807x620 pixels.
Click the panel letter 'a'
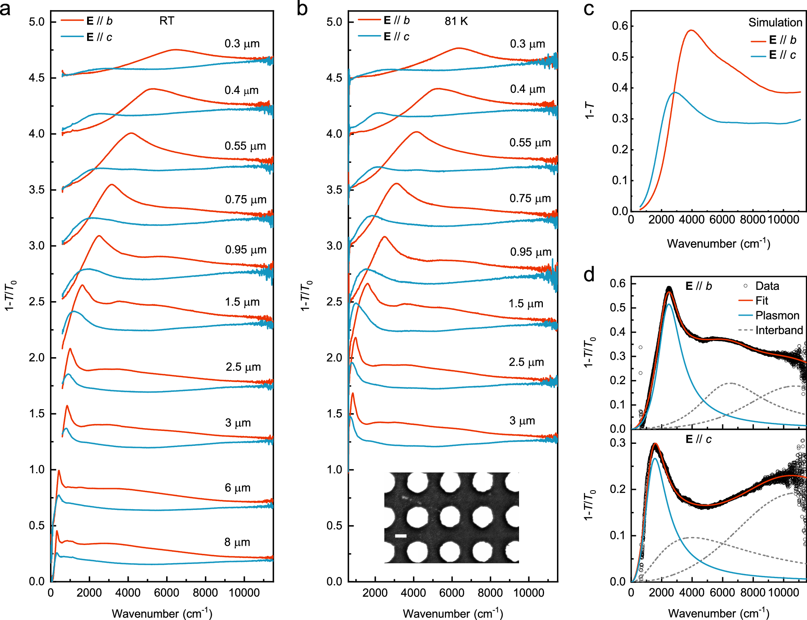pyautogui.click(x=6, y=9)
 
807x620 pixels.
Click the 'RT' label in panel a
pyautogui.click(x=167, y=21)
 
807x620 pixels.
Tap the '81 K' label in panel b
pyautogui.click(x=456, y=21)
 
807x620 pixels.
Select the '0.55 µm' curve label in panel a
pyautogui.click(x=245, y=146)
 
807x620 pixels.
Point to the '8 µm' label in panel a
pyautogui.click(x=237, y=542)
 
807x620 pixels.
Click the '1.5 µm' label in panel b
pyautogui.click(x=525, y=304)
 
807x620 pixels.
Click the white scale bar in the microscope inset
pyautogui.click(x=400, y=536)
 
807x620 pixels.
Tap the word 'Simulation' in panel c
pyautogui.click(x=775, y=23)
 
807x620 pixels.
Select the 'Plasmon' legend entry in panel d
pyautogui.click(x=777, y=316)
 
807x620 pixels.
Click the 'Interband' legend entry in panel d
pyautogui.click(x=779, y=331)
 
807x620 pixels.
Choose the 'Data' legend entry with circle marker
pyautogui.click(x=767, y=286)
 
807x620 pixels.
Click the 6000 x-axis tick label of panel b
pyautogui.click(x=452, y=593)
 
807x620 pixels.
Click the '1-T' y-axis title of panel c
pyautogui.click(x=590, y=110)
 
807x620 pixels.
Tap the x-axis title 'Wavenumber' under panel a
pyautogui.click(x=145, y=614)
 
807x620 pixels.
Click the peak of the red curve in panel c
pyautogui.click(x=691, y=30)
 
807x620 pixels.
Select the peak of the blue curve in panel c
pyautogui.click(x=675, y=92)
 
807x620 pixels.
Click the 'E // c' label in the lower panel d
pyautogui.click(x=699, y=439)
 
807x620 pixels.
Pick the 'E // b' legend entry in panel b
pyautogui.click(x=396, y=21)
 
